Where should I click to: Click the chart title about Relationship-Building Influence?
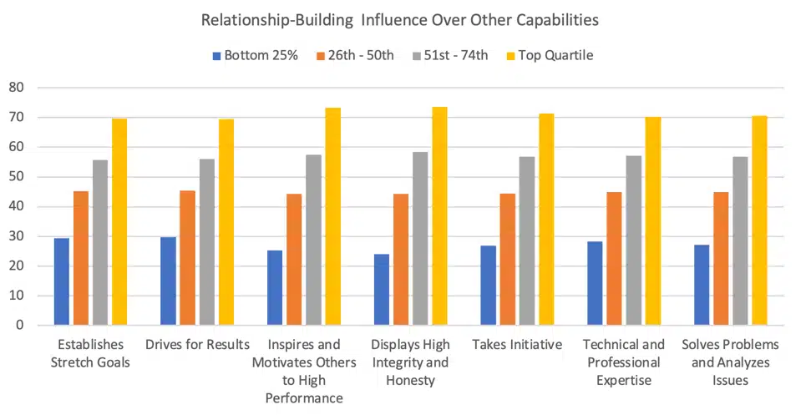(x=400, y=19)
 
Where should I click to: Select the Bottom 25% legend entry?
(x=255, y=56)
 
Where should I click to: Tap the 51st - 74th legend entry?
(x=451, y=56)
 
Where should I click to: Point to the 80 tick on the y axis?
(x=17, y=88)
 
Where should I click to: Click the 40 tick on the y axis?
(x=17, y=206)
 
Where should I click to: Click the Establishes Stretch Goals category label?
(x=91, y=353)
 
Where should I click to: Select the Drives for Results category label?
(x=197, y=345)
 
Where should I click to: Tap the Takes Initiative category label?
(x=517, y=345)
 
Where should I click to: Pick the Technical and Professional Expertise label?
(x=624, y=362)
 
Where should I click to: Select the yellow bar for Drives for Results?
(x=226, y=222)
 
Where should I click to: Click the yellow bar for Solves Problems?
(x=759, y=220)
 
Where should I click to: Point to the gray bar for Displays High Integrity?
(x=420, y=238)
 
